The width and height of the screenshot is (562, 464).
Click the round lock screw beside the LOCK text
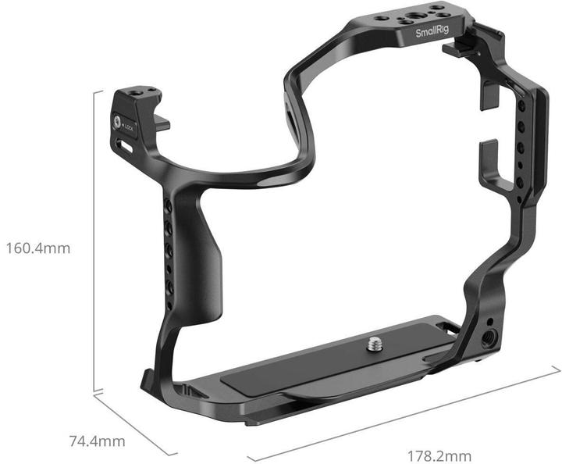pos(120,122)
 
